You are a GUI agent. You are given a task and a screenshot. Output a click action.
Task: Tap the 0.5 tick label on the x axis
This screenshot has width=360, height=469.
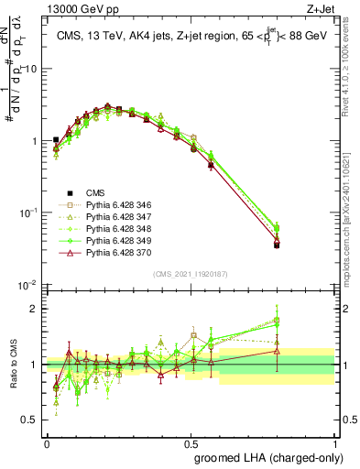coord(191,442)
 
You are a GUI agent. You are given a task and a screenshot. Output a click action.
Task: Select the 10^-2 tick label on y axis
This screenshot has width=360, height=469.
coord(28,285)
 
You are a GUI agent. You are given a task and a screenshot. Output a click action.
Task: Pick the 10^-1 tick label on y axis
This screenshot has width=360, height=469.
coord(28,213)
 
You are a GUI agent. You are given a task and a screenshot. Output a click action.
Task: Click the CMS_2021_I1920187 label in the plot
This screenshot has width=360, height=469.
coord(191,274)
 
